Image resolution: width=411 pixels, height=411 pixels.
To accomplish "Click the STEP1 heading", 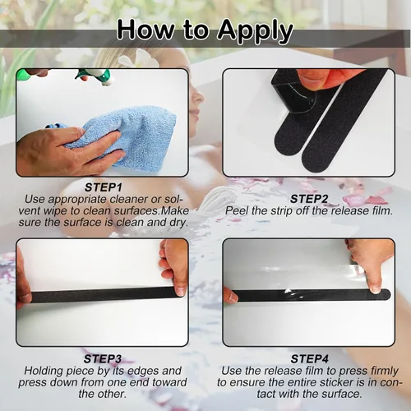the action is (x=104, y=187).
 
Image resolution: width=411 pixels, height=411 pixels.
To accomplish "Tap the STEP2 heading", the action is (x=309, y=199).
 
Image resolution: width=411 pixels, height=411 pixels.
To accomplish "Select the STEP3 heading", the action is (x=103, y=359).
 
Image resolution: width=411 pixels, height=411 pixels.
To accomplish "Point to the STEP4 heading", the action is (x=310, y=359).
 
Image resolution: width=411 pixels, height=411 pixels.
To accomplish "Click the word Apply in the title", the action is (x=256, y=30).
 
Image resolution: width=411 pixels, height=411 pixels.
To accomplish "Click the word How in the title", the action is (x=145, y=29).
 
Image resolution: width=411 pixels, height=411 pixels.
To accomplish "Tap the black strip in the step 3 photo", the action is (x=104, y=295).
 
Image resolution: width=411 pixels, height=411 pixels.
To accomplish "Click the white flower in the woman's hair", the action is (x=138, y=59).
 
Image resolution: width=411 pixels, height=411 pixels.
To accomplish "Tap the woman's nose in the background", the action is (x=201, y=96).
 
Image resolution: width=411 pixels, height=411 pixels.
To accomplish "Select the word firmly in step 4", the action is (x=384, y=371).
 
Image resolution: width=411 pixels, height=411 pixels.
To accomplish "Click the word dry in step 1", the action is (x=178, y=223).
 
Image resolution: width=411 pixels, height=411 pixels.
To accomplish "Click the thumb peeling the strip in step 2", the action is (x=309, y=79).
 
